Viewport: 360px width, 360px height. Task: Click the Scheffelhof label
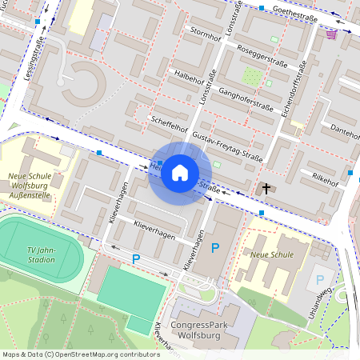169,124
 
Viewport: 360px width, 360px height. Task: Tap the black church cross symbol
266,190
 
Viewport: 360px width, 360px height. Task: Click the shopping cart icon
331,34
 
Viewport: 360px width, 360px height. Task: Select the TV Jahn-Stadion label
40,254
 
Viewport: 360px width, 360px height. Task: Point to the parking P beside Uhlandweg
320,280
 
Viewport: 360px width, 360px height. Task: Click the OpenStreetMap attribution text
81,354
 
